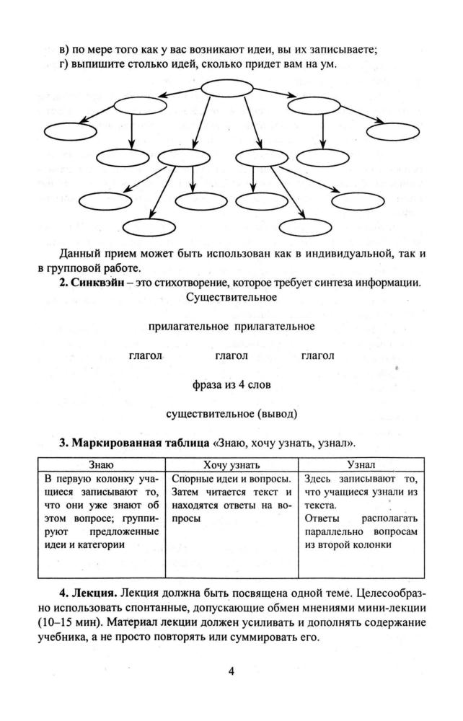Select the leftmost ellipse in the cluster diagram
coord(66,131)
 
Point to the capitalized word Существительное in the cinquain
coord(231,296)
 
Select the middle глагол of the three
coord(231,355)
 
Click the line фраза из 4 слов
coord(231,385)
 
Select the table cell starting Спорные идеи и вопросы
coord(231,498)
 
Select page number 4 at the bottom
coord(231,672)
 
